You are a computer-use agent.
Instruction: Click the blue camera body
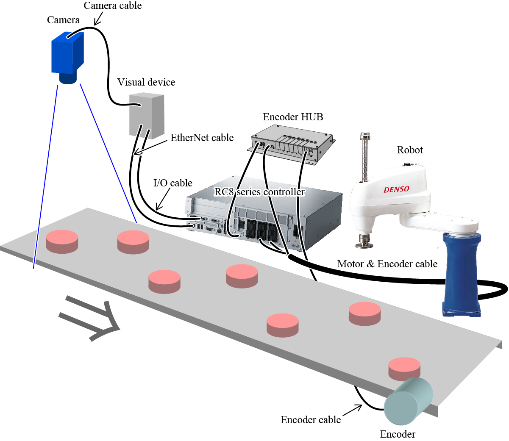(67, 54)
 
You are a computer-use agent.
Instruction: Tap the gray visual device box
(146, 115)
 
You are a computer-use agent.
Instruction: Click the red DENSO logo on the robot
(396, 189)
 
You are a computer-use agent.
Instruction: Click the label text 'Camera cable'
(112, 6)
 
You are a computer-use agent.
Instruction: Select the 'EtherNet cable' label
(202, 138)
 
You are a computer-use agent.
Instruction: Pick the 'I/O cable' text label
(172, 183)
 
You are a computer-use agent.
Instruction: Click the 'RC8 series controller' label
(259, 192)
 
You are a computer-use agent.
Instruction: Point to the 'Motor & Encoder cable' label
(387, 264)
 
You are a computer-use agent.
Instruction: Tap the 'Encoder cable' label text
(311, 420)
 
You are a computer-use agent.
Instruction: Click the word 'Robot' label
(409, 150)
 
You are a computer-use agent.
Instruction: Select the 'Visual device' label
(146, 82)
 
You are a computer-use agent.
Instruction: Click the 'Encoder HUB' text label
(293, 117)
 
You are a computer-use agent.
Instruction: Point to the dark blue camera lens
(68, 78)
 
